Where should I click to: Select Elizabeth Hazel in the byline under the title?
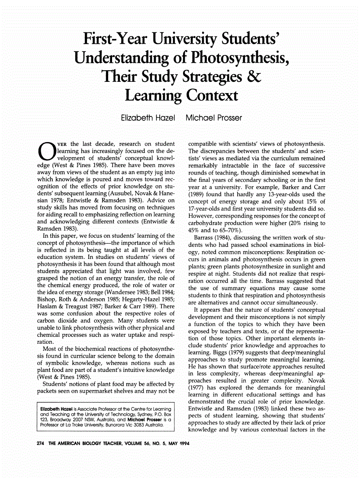[147, 117]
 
